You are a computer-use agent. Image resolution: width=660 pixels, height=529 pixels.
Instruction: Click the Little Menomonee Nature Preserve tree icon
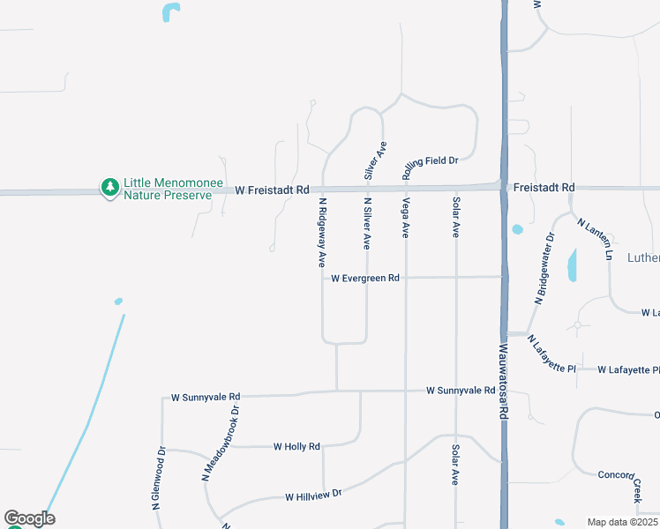[x=109, y=187]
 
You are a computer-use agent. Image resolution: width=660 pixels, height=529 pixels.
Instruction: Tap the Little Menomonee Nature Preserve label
[x=168, y=188]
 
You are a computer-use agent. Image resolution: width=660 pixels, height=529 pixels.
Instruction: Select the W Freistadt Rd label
[x=273, y=190]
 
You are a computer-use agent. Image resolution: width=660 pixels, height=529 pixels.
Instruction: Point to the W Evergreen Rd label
[x=365, y=278]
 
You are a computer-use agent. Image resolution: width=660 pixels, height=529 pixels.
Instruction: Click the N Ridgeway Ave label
[x=323, y=232]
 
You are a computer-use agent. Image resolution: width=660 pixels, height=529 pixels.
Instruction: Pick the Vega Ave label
[x=406, y=218]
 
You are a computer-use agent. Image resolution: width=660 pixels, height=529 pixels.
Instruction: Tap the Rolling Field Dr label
[x=431, y=168]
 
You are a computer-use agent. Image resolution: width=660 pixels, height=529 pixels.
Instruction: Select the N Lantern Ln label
[x=596, y=238]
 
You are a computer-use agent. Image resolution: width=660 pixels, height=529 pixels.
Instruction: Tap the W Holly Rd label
[x=296, y=447]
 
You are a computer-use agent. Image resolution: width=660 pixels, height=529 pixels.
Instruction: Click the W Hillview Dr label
[x=312, y=496]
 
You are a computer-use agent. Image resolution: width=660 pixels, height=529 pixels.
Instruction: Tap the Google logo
[x=29, y=518]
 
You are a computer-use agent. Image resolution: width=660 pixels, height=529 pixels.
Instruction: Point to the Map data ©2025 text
[x=623, y=522]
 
